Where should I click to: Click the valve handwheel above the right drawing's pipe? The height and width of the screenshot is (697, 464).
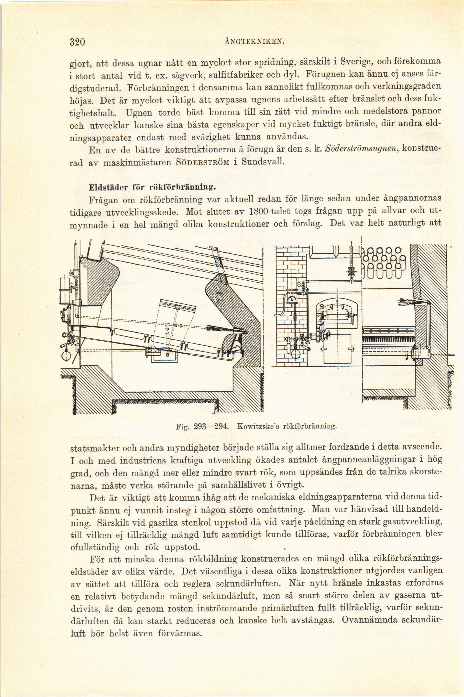tap(352, 272)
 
